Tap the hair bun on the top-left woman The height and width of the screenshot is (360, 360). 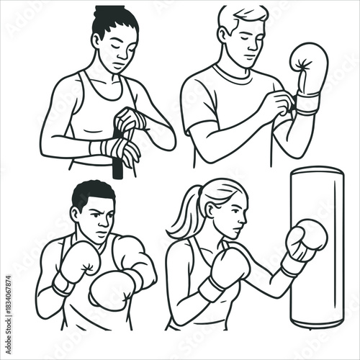pos(109,10)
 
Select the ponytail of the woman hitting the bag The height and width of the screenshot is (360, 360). pos(181,216)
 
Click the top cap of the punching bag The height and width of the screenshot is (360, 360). pos(316,171)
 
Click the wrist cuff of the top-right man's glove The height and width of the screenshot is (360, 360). pos(307,102)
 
